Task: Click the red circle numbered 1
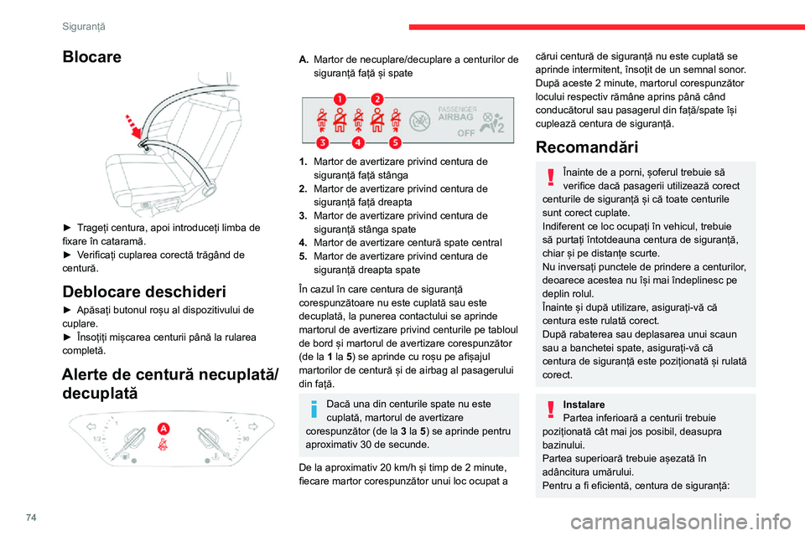click(x=340, y=99)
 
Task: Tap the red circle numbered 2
click(x=377, y=99)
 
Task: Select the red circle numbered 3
click(x=321, y=142)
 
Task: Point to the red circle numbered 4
click(x=357, y=142)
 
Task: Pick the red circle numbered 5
click(x=394, y=142)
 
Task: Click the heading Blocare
click(x=91, y=58)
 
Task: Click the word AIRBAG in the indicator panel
click(x=455, y=118)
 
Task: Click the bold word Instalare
click(x=584, y=404)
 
